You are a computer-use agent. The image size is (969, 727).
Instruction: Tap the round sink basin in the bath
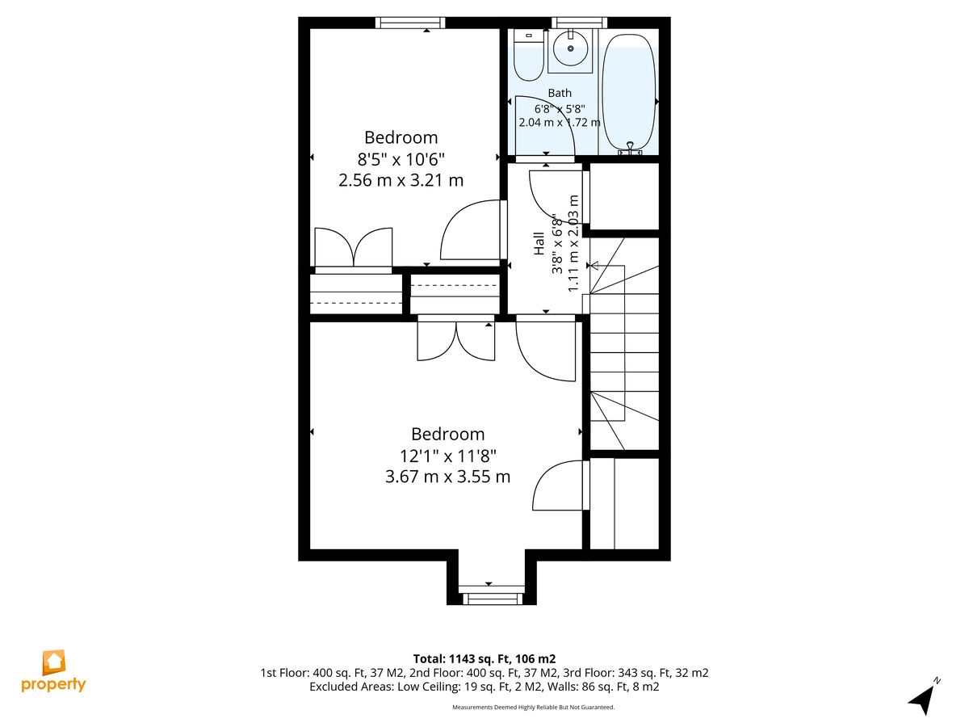tap(570, 48)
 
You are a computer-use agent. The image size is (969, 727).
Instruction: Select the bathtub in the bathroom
tap(628, 93)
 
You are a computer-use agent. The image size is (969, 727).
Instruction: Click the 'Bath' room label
tap(560, 93)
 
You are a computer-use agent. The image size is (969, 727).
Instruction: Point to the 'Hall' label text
tap(539, 243)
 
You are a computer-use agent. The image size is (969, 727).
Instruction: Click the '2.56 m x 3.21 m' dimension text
tap(401, 180)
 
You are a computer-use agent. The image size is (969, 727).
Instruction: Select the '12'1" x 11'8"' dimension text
tap(447, 456)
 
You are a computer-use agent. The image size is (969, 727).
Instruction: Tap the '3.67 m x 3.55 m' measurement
tap(447, 477)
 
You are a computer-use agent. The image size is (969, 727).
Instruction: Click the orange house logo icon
tap(54, 662)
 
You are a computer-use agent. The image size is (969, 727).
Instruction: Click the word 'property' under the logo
tap(53, 685)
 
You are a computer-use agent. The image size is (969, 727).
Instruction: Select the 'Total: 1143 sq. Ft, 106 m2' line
tap(484, 659)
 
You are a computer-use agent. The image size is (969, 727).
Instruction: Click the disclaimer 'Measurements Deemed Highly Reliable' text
tap(533, 707)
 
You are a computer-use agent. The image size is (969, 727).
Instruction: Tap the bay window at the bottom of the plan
tap(491, 599)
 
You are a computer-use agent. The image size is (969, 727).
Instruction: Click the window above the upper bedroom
tap(410, 23)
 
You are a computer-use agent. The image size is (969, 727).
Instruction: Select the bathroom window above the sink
tap(579, 23)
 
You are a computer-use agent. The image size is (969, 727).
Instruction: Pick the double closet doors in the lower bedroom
tap(456, 341)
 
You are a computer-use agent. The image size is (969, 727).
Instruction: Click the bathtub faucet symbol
tap(630, 149)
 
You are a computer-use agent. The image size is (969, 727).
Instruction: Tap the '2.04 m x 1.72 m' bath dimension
tap(560, 122)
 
